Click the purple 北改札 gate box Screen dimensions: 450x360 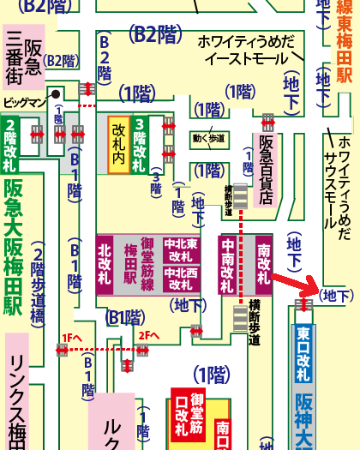pyautogui.click(x=105, y=264)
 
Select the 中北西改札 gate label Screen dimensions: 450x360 pyautogui.click(x=180, y=279)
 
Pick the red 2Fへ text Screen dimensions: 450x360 pyautogui.click(x=148, y=336)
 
